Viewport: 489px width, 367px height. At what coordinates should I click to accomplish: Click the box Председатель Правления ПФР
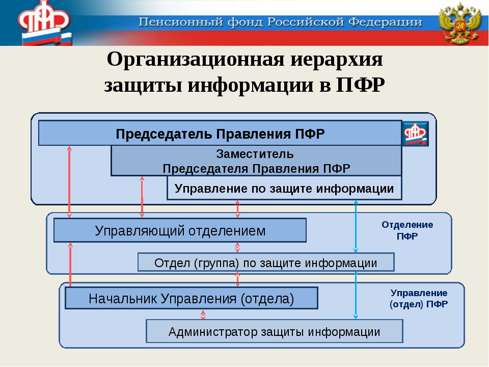point(220,134)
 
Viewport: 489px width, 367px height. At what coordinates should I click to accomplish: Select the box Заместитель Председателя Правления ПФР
point(256,161)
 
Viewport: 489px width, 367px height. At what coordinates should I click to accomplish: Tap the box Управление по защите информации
point(284,189)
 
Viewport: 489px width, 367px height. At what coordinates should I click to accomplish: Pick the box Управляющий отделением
point(180,230)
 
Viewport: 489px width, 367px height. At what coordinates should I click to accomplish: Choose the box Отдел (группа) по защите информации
point(266,263)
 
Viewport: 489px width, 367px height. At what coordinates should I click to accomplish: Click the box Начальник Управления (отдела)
point(191,298)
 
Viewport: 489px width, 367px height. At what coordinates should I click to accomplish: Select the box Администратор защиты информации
point(274,331)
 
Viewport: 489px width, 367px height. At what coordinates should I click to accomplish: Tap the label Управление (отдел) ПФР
point(419,299)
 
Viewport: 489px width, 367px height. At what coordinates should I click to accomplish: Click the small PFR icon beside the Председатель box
point(415,134)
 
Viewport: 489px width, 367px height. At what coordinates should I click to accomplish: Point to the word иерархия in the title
point(331,60)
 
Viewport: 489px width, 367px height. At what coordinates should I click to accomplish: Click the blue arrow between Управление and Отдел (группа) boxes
point(356,226)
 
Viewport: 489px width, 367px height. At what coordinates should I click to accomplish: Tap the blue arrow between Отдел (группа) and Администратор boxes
point(356,296)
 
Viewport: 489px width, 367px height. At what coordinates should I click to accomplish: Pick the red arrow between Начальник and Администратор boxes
point(203,314)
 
